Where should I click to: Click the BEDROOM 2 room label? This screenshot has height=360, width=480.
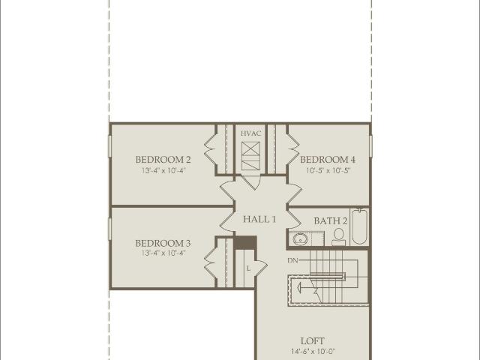point(163,160)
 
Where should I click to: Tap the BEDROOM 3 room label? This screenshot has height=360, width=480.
point(163,243)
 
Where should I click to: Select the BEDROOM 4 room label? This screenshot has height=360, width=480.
point(328,160)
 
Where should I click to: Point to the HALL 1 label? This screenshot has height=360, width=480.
point(259,219)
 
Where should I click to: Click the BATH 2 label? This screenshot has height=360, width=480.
point(331,220)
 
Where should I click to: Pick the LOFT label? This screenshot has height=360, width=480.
point(312,340)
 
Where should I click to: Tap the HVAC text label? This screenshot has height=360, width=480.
point(250,133)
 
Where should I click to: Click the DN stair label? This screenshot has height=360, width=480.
point(292,260)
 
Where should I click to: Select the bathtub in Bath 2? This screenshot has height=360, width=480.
point(359,226)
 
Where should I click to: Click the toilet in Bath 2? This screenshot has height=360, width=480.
point(338,237)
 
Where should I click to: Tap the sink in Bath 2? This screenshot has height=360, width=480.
point(300,238)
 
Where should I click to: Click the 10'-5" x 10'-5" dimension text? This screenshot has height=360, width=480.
point(328,170)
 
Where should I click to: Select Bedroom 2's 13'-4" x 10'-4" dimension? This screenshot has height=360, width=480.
point(163,170)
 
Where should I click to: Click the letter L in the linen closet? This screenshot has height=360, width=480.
point(248,268)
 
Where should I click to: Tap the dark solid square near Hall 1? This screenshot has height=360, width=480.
point(245,243)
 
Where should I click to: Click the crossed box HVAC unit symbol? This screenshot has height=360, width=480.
point(250,156)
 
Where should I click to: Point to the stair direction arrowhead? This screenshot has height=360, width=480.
point(299,287)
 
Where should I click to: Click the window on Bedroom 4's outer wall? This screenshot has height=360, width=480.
point(370,146)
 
